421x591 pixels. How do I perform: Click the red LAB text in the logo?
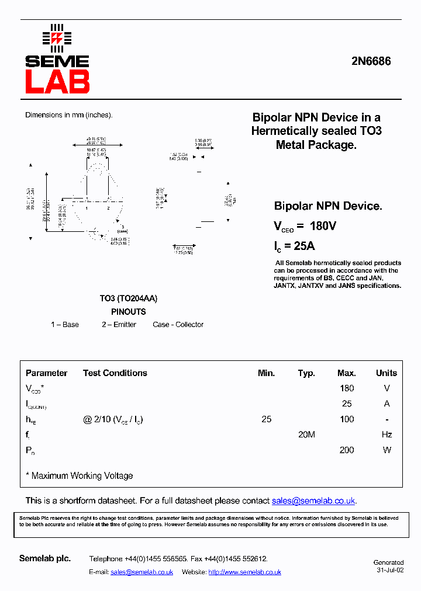(x=57, y=82)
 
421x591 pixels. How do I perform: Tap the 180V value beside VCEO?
(x=323, y=226)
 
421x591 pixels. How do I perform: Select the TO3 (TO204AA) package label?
(x=128, y=298)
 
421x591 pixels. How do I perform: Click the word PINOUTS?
(x=128, y=312)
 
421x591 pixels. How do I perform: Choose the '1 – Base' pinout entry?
(x=65, y=325)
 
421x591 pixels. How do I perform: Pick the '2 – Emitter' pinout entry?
(x=119, y=325)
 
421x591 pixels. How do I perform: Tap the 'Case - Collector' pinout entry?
(x=178, y=325)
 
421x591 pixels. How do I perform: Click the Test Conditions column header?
(x=115, y=373)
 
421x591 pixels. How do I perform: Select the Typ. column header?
(x=306, y=373)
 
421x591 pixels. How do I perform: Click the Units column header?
(x=386, y=373)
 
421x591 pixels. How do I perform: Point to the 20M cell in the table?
(x=306, y=434)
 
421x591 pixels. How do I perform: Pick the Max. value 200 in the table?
(x=347, y=450)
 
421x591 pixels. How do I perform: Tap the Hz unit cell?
(x=386, y=434)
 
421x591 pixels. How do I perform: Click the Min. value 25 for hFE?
(x=267, y=419)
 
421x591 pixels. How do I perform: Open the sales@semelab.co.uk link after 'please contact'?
(x=313, y=501)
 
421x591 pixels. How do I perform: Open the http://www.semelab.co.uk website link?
(x=244, y=572)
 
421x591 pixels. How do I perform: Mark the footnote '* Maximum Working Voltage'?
(x=80, y=476)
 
